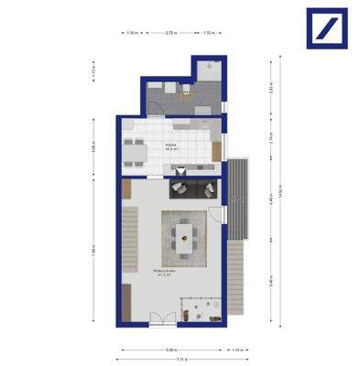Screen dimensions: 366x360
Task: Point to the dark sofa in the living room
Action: pos(193,188)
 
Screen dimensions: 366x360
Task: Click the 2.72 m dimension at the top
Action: pos(170,33)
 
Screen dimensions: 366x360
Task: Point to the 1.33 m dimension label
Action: pos(209,33)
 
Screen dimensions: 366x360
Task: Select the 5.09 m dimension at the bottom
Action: pos(170,350)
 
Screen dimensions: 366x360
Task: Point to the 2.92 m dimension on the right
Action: pos(272,89)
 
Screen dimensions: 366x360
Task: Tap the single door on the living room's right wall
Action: pos(221,215)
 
